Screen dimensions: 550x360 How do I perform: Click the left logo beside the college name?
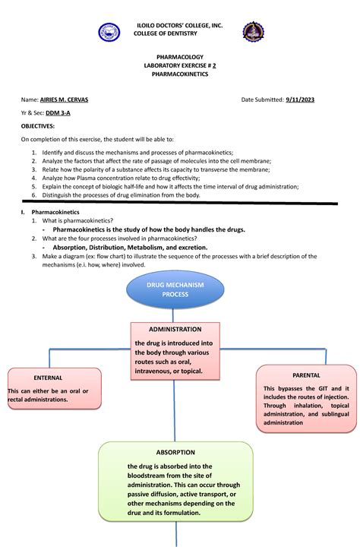coord(109,33)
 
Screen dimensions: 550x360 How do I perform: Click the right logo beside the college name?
coord(253,33)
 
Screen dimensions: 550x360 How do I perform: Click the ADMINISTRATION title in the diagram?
coord(175,329)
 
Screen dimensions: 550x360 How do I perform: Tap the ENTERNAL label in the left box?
coord(48,377)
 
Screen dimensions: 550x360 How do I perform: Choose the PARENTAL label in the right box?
coord(305,375)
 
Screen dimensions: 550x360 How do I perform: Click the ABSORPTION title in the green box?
coord(175,452)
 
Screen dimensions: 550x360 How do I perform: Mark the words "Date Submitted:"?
coord(262,100)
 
